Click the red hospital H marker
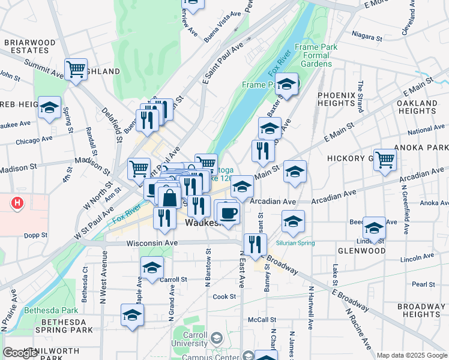point(17,203)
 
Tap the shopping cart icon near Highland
point(76,70)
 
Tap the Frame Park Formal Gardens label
point(316,55)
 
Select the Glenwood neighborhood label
point(361,251)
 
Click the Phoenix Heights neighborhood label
point(337,99)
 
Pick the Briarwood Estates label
point(30,47)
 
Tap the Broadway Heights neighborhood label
point(422,310)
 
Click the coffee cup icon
point(228,212)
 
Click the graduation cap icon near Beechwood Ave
point(374,227)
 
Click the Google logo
point(20,353)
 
